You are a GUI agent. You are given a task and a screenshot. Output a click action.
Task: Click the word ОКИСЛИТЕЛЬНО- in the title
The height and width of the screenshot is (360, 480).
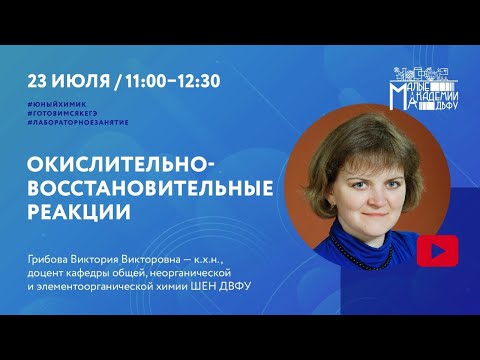[118, 166]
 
